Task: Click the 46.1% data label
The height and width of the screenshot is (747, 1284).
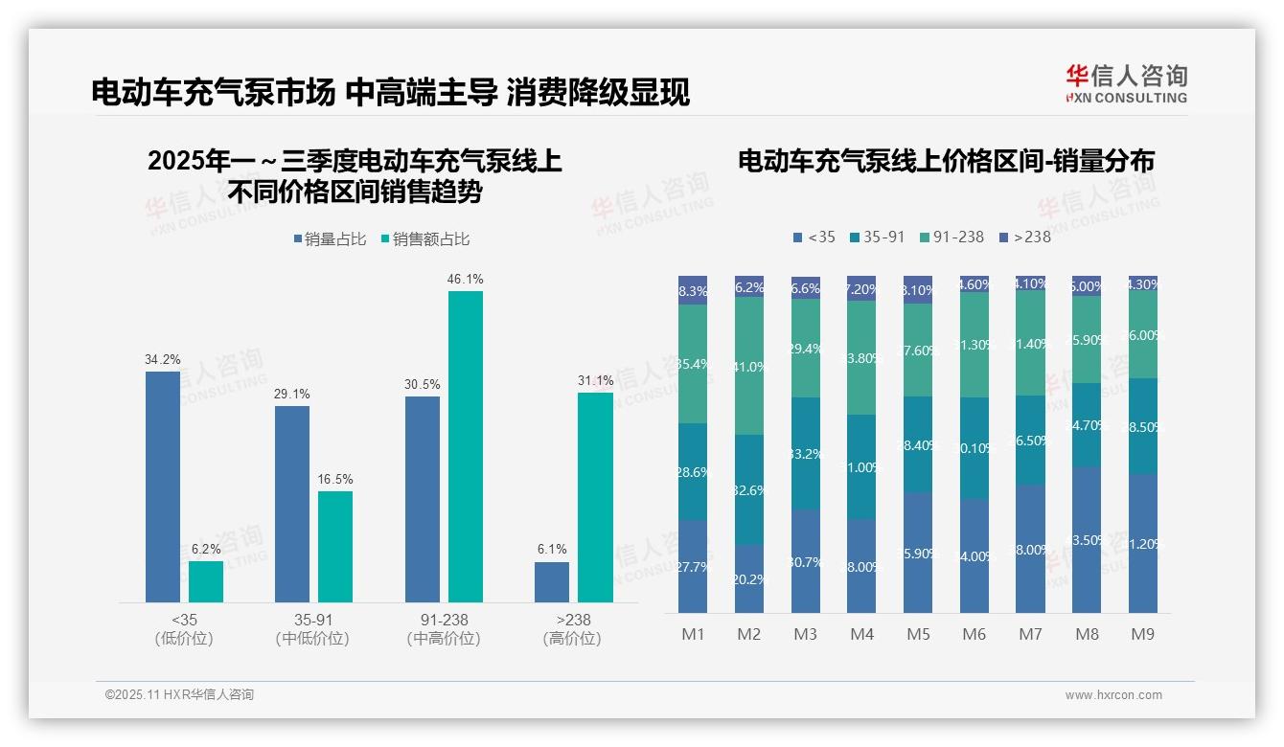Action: (x=465, y=280)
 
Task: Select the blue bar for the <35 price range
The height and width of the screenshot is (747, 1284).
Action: (x=163, y=487)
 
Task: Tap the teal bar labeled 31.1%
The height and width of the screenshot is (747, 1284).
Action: (x=595, y=497)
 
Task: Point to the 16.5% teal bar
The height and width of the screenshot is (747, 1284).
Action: (x=335, y=547)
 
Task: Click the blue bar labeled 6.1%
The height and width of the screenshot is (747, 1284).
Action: (x=552, y=582)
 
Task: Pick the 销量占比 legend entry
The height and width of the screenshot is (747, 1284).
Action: (x=330, y=239)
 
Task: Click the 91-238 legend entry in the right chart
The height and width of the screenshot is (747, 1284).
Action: (x=952, y=237)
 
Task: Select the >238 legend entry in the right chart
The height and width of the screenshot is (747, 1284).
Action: (x=1025, y=237)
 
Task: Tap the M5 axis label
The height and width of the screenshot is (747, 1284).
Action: (x=918, y=634)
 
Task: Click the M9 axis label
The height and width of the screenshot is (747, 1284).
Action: (x=1142, y=634)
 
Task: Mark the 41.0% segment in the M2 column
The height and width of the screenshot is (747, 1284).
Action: (x=749, y=366)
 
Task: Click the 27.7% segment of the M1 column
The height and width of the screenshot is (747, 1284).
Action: (x=692, y=566)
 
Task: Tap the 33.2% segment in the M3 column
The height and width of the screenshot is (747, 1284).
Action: (x=806, y=453)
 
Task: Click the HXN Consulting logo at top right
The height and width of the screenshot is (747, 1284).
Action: (x=1126, y=83)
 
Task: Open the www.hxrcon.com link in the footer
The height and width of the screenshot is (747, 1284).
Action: (x=1112, y=695)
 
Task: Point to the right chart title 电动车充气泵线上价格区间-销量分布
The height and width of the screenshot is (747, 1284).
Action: (x=946, y=161)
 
